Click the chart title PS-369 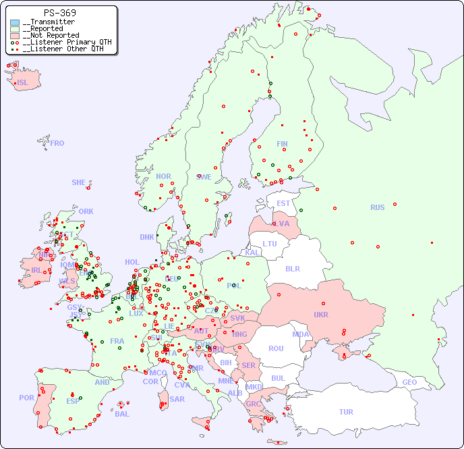point(59,13)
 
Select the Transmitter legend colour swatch point(15,22)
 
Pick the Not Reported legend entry point(51,35)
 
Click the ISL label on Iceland point(23,83)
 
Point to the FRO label point(57,143)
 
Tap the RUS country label point(377,207)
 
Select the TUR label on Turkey point(346,412)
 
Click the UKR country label point(321,315)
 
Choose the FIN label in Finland point(282,144)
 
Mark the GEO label point(409,382)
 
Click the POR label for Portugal point(26,398)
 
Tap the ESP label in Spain point(73,401)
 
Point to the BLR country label point(292,268)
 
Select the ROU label point(276,348)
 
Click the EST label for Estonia point(283,203)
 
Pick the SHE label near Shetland point(79,182)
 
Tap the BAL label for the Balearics point(122,414)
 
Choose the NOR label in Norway point(164,176)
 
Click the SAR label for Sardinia point(177,399)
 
